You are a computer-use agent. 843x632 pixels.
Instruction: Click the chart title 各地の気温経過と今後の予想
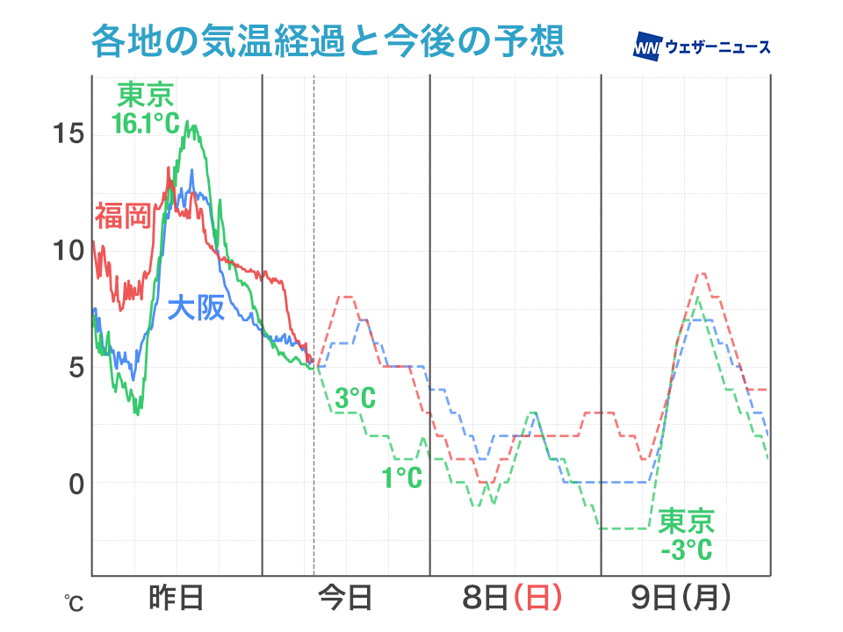click(x=326, y=42)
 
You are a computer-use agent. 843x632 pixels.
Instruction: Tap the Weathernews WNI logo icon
click(x=647, y=47)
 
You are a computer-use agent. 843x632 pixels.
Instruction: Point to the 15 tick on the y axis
click(x=68, y=133)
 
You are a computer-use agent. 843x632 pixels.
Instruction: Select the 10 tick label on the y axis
click(x=68, y=250)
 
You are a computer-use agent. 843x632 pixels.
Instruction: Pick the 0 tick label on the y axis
click(x=76, y=484)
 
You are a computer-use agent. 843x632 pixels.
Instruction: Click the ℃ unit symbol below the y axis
click(x=73, y=604)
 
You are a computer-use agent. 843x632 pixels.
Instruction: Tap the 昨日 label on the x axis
click(x=176, y=599)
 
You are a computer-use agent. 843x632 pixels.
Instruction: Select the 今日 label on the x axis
click(x=345, y=599)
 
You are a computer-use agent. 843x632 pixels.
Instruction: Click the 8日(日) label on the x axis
click(x=512, y=599)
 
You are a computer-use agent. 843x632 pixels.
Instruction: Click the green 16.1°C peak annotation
click(x=146, y=123)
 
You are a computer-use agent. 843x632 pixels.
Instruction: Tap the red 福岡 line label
click(x=123, y=214)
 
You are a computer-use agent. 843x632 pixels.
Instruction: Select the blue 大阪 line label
click(x=195, y=308)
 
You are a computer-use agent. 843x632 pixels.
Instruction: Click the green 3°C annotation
click(x=355, y=399)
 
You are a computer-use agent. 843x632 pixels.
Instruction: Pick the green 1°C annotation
click(x=401, y=478)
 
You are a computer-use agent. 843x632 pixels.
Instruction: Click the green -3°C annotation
click(x=686, y=550)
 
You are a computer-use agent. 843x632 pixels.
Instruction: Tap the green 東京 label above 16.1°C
click(x=146, y=95)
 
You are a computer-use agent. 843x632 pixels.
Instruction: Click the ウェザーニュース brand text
click(x=718, y=47)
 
